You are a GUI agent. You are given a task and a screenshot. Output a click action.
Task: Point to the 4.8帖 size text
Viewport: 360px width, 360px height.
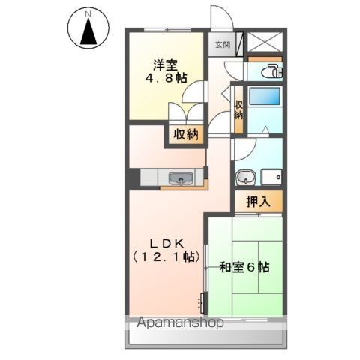click(x=166, y=77)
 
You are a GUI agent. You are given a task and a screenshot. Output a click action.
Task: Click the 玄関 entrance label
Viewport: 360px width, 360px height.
click(x=223, y=45)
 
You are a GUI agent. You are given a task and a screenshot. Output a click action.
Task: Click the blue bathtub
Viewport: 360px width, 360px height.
click(x=264, y=97)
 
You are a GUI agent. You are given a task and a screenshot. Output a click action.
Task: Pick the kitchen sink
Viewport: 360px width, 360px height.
click(x=180, y=178)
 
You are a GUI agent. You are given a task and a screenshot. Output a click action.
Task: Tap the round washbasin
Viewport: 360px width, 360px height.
click(x=247, y=178)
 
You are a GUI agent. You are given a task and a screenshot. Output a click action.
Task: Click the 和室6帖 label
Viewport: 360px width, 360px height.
click(x=244, y=267)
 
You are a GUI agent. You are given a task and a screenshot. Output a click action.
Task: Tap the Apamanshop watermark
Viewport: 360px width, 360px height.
click(x=180, y=324)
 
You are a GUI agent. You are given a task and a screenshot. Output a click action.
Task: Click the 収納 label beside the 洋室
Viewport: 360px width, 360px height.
click(x=186, y=135)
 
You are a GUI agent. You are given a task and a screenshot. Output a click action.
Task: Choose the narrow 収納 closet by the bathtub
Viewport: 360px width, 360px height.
click(x=238, y=111)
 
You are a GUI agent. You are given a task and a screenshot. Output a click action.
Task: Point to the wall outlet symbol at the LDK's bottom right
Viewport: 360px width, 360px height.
click(x=202, y=303)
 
